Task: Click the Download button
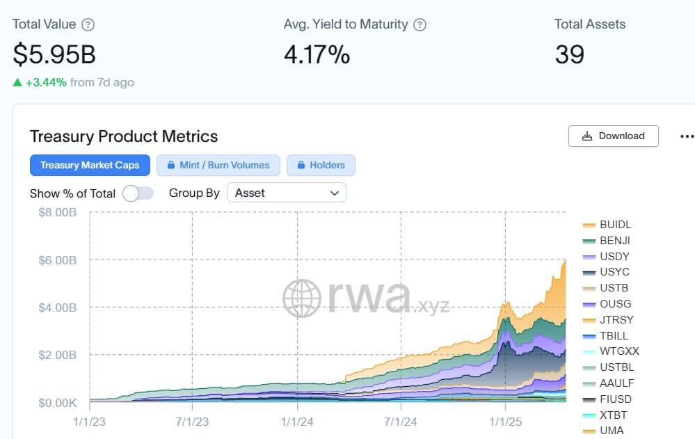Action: tap(613, 136)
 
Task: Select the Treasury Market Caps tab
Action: tap(90, 165)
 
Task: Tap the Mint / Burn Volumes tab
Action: tap(218, 165)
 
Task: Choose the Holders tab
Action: tap(321, 165)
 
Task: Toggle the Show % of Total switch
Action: tap(138, 193)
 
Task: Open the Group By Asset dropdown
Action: tap(286, 193)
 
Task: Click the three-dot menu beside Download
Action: tap(686, 136)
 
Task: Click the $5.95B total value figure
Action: tap(54, 54)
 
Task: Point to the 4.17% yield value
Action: tap(317, 54)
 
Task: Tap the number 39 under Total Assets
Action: tap(569, 54)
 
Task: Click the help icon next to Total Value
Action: tap(88, 24)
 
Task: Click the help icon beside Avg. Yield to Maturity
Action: tap(420, 24)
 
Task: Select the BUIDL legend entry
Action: tap(615, 225)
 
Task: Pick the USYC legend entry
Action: tap(614, 272)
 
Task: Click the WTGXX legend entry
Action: tap(618, 351)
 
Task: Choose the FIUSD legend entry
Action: tap(615, 399)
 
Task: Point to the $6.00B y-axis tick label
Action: tap(57, 260)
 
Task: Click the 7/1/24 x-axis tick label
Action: tap(400, 422)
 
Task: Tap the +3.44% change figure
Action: tap(46, 82)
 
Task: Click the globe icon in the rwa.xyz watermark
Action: tap(301, 298)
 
